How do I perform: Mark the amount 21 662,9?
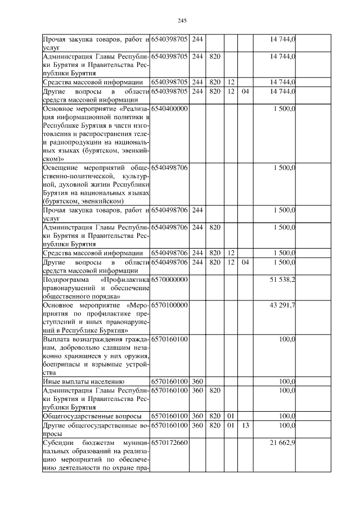pos(283,444)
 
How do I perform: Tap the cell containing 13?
pos(245,426)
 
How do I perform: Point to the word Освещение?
pos(60,168)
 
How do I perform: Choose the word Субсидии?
pos(57,444)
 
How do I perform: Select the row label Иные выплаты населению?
pos(79,381)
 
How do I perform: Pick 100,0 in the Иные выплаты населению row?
pos(287,381)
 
